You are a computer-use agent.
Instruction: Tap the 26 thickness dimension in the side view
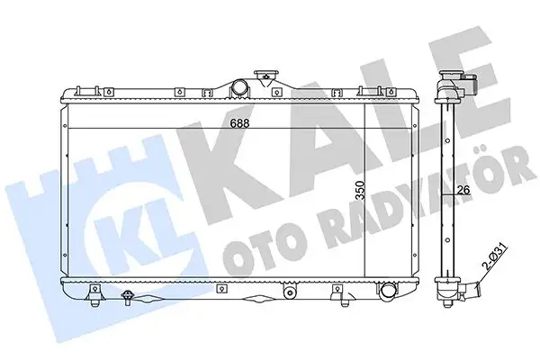click(463, 189)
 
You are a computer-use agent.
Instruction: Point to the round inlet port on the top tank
click(241, 87)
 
